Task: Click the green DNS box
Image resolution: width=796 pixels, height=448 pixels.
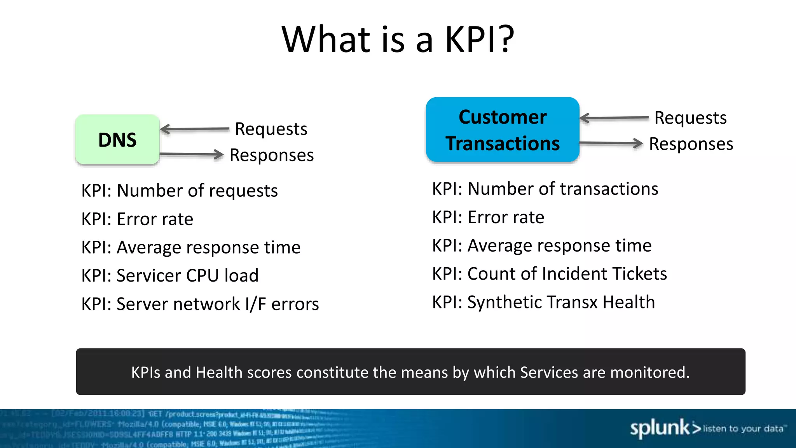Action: click(x=117, y=140)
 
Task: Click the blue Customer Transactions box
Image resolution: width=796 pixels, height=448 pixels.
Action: click(x=503, y=130)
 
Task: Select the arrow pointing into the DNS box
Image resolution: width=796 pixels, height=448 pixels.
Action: click(x=194, y=129)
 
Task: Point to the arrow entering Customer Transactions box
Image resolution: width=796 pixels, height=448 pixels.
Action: click(x=614, y=118)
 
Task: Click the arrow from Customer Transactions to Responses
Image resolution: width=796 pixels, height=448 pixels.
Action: click(x=611, y=143)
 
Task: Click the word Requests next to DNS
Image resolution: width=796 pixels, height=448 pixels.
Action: click(x=271, y=129)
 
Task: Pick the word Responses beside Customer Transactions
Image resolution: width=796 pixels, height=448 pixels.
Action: click(x=691, y=144)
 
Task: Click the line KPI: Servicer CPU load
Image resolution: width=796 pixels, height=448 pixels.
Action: click(x=170, y=275)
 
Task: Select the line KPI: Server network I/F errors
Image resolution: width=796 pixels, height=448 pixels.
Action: click(x=200, y=304)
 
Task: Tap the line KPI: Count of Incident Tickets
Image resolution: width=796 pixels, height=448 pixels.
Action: click(x=549, y=274)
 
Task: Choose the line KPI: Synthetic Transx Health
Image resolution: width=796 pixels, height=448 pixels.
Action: click(x=543, y=302)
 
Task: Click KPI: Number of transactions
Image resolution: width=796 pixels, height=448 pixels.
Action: click(x=545, y=189)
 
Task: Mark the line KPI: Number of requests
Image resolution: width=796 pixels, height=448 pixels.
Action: click(x=179, y=191)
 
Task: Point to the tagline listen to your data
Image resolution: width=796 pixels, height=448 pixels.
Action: click(x=743, y=429)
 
